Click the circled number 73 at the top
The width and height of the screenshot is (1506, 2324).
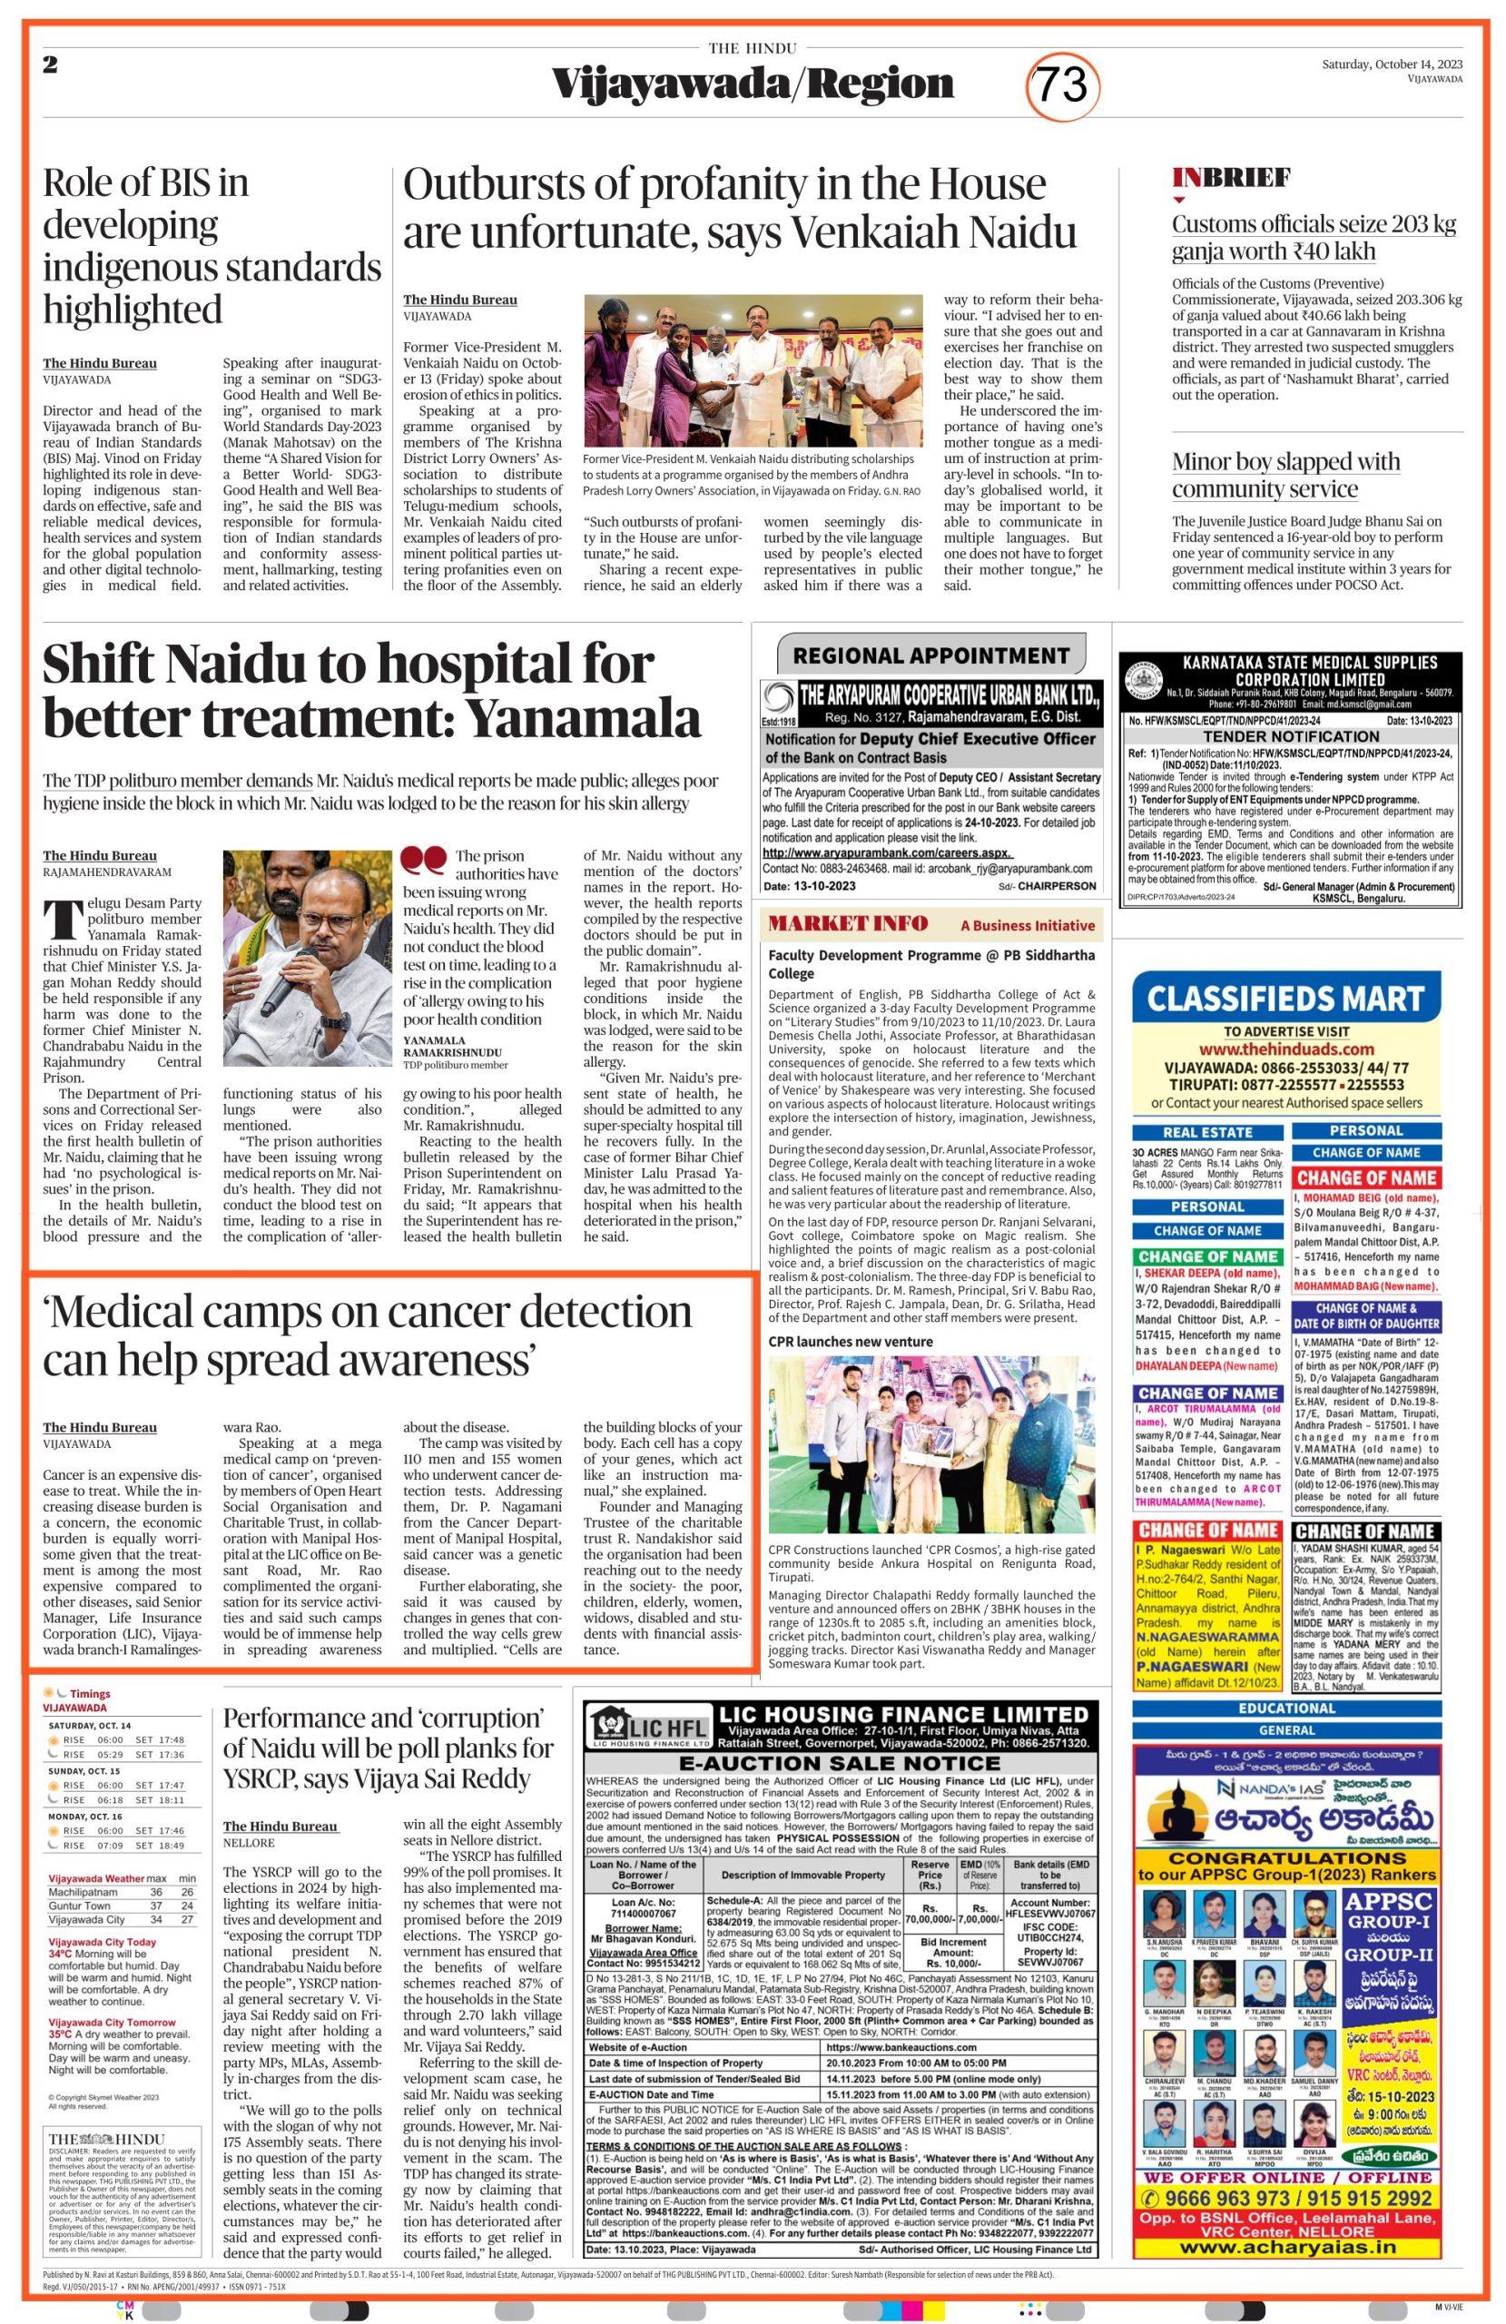click(1064, 85)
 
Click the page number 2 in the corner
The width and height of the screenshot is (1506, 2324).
click(50, 64)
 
